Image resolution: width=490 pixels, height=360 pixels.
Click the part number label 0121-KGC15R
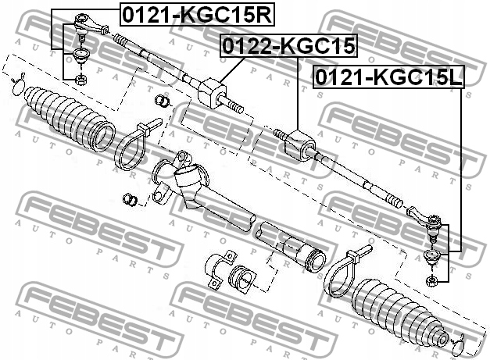(x=198, y=15)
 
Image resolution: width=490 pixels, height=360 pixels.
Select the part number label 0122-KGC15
(x=289, y=45)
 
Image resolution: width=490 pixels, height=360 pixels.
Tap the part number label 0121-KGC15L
(x=388, y=77)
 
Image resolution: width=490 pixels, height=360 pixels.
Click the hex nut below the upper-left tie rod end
(x=81, y=80)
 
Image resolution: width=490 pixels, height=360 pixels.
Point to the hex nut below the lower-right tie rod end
(x=431, y=280)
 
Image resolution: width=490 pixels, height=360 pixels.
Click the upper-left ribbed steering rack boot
(x=69, y=118)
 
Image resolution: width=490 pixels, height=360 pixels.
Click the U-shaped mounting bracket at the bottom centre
(x=218, y=269)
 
